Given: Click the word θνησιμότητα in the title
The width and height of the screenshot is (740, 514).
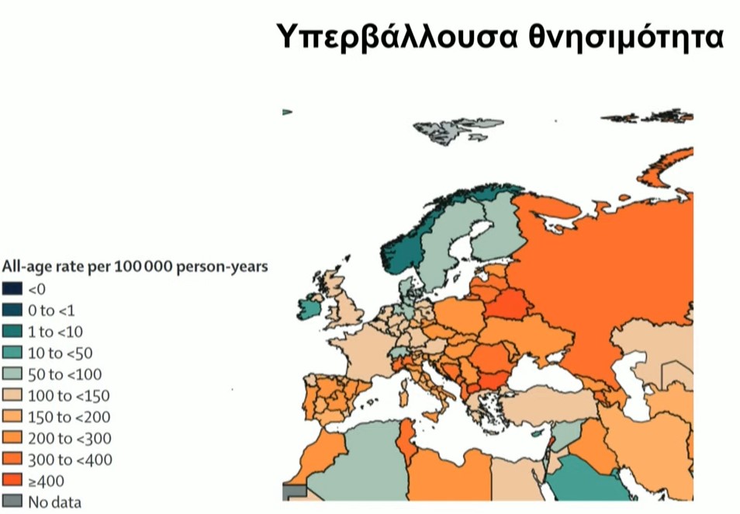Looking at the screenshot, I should [x=627, y=36].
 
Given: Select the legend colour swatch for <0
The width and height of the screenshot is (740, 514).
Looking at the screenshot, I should [x=13, y=289].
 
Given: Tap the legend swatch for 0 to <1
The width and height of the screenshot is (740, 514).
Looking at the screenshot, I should [x=13, y=310].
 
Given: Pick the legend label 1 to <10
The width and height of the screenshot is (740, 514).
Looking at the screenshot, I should [x=55, y=332].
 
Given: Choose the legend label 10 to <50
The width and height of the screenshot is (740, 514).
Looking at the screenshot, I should [x=60, y=353].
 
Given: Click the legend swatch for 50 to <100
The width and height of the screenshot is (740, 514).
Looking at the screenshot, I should [x=13, y=374].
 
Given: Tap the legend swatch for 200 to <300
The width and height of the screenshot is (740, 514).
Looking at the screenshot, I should [x=13, y=438].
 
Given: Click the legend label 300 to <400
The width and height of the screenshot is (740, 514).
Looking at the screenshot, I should [x=70, y=460].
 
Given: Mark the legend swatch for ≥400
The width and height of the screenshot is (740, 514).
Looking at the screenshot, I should [x=13, y=481].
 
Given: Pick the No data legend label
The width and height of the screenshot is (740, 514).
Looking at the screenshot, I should [x=54, y=502].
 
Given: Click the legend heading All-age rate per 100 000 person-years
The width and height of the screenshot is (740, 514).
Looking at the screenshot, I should [x=135, y=267].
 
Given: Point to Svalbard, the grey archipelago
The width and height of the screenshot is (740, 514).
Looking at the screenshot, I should [x=450, y=128].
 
